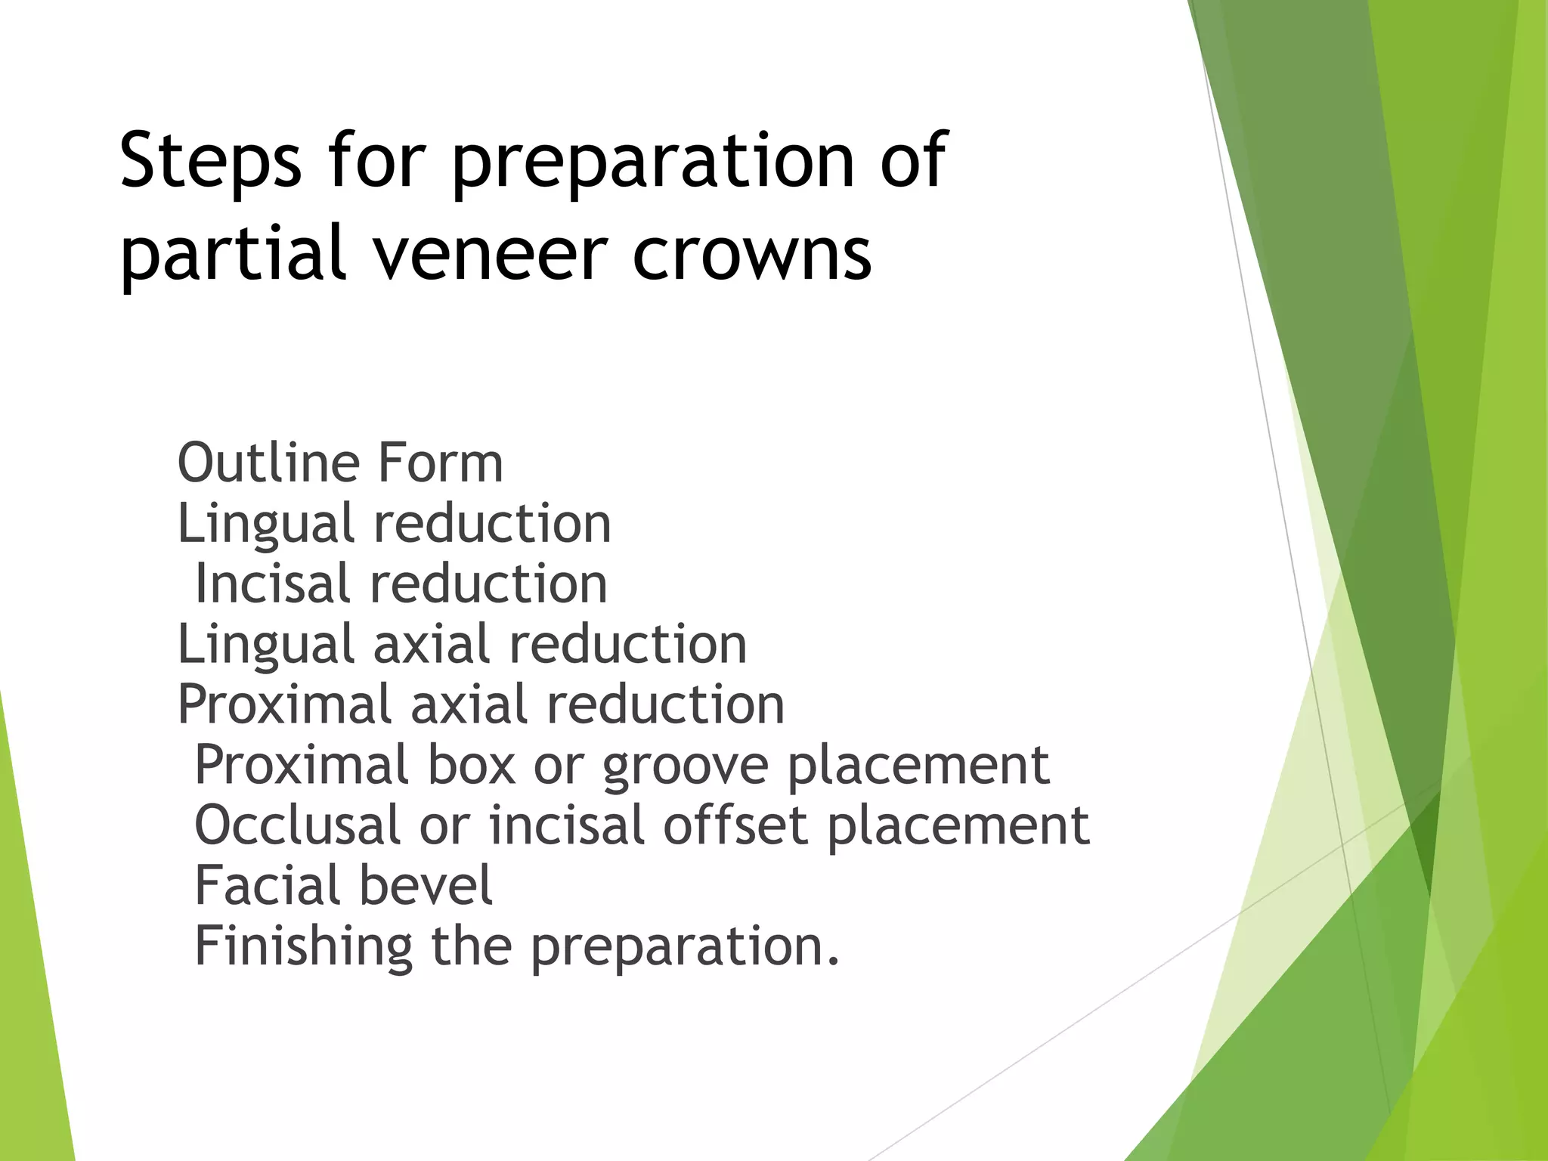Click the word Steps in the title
coord(210,160)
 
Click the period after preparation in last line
coord(833,963)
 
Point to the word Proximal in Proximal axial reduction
coord(284,704)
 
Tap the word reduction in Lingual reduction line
coord(491,523)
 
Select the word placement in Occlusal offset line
coord(958,825)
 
